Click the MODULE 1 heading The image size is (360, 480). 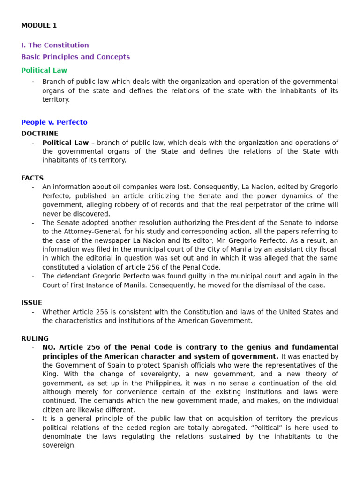pos(39,26)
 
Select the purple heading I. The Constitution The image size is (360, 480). pos(55,45)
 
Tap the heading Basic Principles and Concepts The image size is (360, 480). pos(75,57)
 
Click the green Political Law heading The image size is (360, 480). pos(44,71)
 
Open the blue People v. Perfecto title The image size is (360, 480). pos(54,122)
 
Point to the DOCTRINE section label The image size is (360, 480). pos(40,134)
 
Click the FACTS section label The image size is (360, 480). pos(32,178)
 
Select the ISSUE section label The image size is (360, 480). pos(32,303)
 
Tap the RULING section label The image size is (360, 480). pos(35,338)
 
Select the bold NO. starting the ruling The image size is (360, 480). pos(49,347)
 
